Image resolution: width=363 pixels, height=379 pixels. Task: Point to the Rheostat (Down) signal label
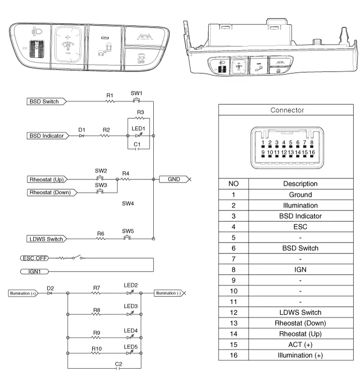click(50, 192)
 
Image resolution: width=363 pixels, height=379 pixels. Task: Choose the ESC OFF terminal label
click(35, 257)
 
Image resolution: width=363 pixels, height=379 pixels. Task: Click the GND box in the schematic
click(174, 179)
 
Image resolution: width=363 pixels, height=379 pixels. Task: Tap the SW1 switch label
click(136, 93)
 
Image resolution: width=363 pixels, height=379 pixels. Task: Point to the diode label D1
click(81, 129)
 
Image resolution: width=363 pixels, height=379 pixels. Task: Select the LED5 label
click(130, 347)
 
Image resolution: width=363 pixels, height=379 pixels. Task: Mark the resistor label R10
click(96, 348)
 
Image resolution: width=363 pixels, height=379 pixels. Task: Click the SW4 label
click(128, 204)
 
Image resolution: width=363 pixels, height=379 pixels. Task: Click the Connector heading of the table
click(287, 110)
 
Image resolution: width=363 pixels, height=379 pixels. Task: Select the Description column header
click(300, 184)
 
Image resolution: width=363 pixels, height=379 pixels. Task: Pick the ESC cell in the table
click(300, 226)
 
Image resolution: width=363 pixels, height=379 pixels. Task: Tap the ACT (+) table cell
click(300, 344)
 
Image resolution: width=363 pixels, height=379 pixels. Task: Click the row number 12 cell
click(233, 312)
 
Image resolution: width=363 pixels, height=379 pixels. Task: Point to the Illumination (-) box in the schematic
click(168, 293)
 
